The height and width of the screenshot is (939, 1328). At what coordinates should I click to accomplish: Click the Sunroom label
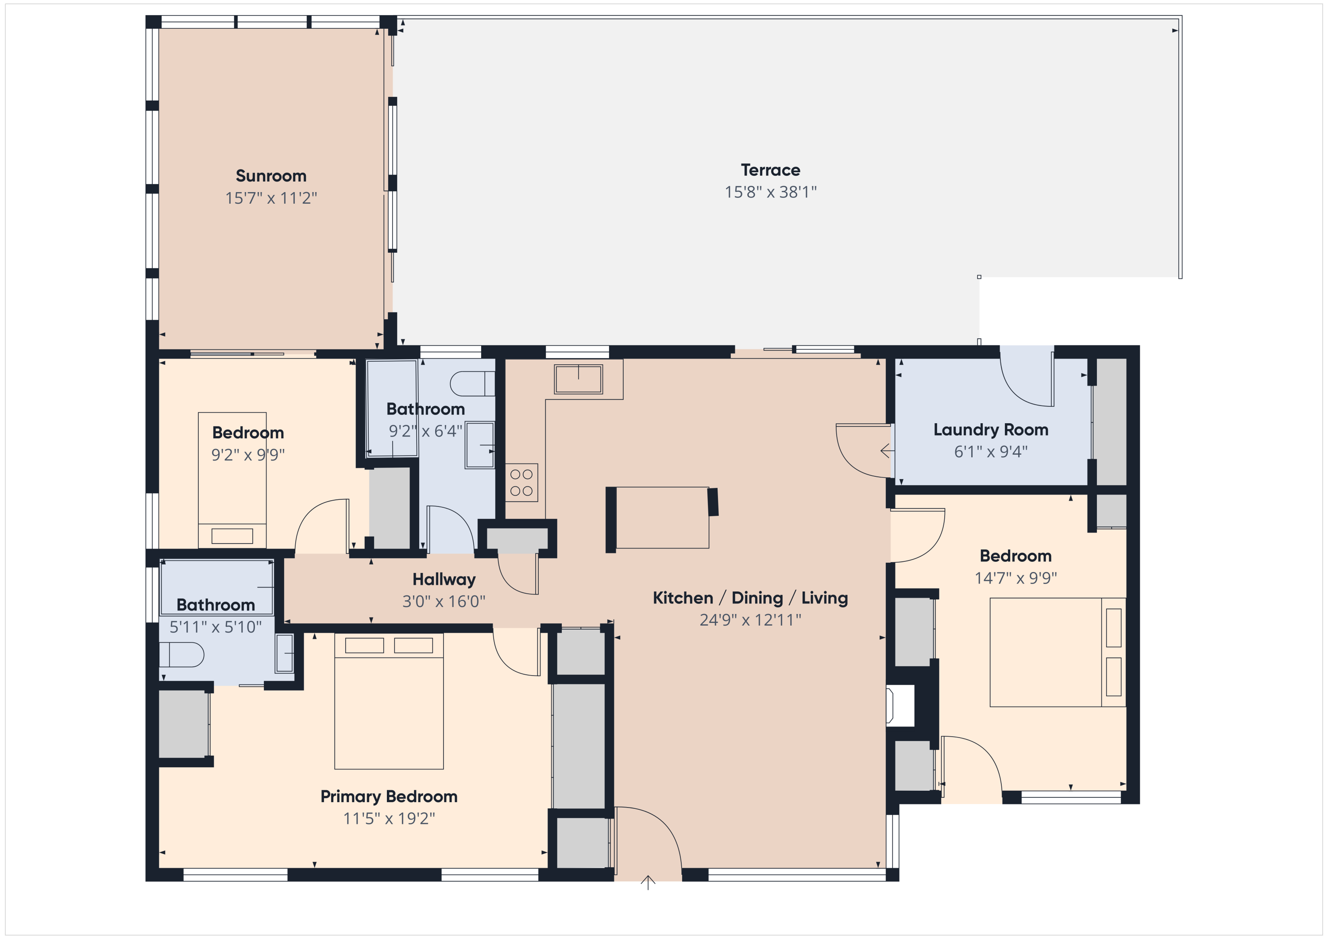point(270,175)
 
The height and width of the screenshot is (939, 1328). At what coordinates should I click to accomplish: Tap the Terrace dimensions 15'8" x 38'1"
point(770,192)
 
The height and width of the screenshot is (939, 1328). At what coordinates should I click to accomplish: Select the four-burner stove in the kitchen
point(521,483)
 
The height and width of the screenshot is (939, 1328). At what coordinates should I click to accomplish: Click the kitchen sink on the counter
point(578,379)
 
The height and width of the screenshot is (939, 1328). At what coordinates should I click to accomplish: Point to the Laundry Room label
point(990,429)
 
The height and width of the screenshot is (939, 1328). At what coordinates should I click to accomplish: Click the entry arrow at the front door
point(648,882)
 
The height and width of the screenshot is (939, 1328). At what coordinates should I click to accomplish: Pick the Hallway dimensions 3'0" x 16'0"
point(444,602)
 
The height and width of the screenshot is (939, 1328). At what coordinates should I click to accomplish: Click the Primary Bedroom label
point(389,796)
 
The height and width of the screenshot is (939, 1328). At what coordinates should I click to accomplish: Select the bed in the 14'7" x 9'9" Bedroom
point(1057,652)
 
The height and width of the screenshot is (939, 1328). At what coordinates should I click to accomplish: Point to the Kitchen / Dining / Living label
point(750,598)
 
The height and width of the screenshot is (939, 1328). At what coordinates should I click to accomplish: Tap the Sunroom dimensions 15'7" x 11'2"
point(270,198)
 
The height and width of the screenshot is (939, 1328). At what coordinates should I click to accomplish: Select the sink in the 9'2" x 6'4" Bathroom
point(479,445)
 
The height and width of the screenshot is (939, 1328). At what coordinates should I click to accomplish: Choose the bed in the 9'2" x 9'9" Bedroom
point(232,480)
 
